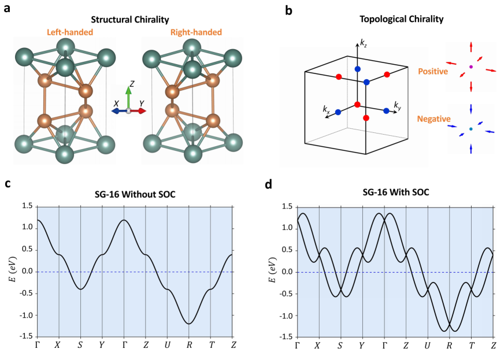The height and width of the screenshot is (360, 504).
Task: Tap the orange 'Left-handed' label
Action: [x=70, y=33]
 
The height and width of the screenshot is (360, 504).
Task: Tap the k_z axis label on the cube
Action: [x=363, y=43]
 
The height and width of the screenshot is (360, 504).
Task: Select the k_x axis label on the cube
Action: [x=327, y=109]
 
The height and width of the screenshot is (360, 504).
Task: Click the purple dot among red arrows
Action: [x=471, y=67]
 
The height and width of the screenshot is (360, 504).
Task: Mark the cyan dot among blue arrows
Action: [x=471, y=129]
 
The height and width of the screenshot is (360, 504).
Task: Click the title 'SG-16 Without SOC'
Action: [x=134, y=194]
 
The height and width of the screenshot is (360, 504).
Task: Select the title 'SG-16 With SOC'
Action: [x=395, y=194]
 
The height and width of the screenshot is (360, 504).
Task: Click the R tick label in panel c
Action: [x=189, y=345]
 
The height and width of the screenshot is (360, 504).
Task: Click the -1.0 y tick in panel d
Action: [x=284, y=315]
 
